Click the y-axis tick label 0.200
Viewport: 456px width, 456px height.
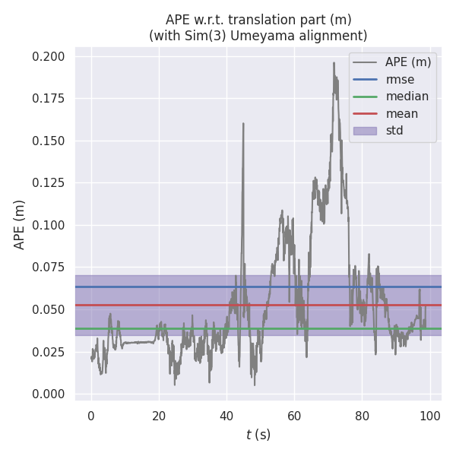click(x=48, y=57)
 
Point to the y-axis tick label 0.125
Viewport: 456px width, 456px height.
click(x=48, y=183)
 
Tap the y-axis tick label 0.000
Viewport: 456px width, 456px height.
click(x=48, y=394)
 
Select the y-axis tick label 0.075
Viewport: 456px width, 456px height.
click(x=48, y=268)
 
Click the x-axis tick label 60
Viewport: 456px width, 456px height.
click(x=294, y=416)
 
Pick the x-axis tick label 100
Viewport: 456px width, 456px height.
click(x=429, y=416)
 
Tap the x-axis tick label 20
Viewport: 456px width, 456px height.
click(x=159, y=416)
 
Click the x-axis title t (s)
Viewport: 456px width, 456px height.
click(x=258, y=435)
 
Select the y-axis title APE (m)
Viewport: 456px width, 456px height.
click(x=20, y=224)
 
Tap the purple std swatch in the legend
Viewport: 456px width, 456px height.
click(x=366, y=131)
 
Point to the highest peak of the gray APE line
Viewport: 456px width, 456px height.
click(x=334, y=63)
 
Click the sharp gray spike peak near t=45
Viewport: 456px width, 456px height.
click(x=243, y=123)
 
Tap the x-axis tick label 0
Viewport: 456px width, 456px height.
click(x=91, y=416)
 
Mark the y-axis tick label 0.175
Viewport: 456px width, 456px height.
click(x=48, y=99)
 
